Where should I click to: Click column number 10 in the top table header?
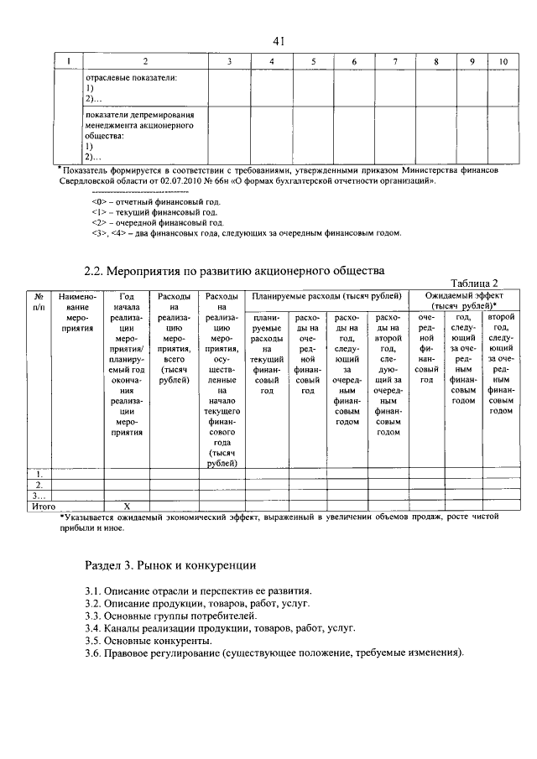[x=503, y=61]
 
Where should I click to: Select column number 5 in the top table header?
[x=312, y=61]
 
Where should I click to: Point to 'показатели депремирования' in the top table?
[x=139, y=115]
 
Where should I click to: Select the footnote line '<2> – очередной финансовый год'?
[x=157, y=223]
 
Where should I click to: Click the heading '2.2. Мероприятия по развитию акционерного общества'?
[x=235, y=271]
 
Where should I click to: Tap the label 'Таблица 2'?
[x=475, y=283]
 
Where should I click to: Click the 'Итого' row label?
[x=43, y=507]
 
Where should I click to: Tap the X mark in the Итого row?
[x=127, y=507]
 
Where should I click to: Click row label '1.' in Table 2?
[x=39, y=475]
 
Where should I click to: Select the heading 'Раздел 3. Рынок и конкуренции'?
[x=170, y=565]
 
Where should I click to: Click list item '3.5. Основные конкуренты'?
[x=148, y=640]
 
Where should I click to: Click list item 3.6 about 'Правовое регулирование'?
[x=274, y=652]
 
